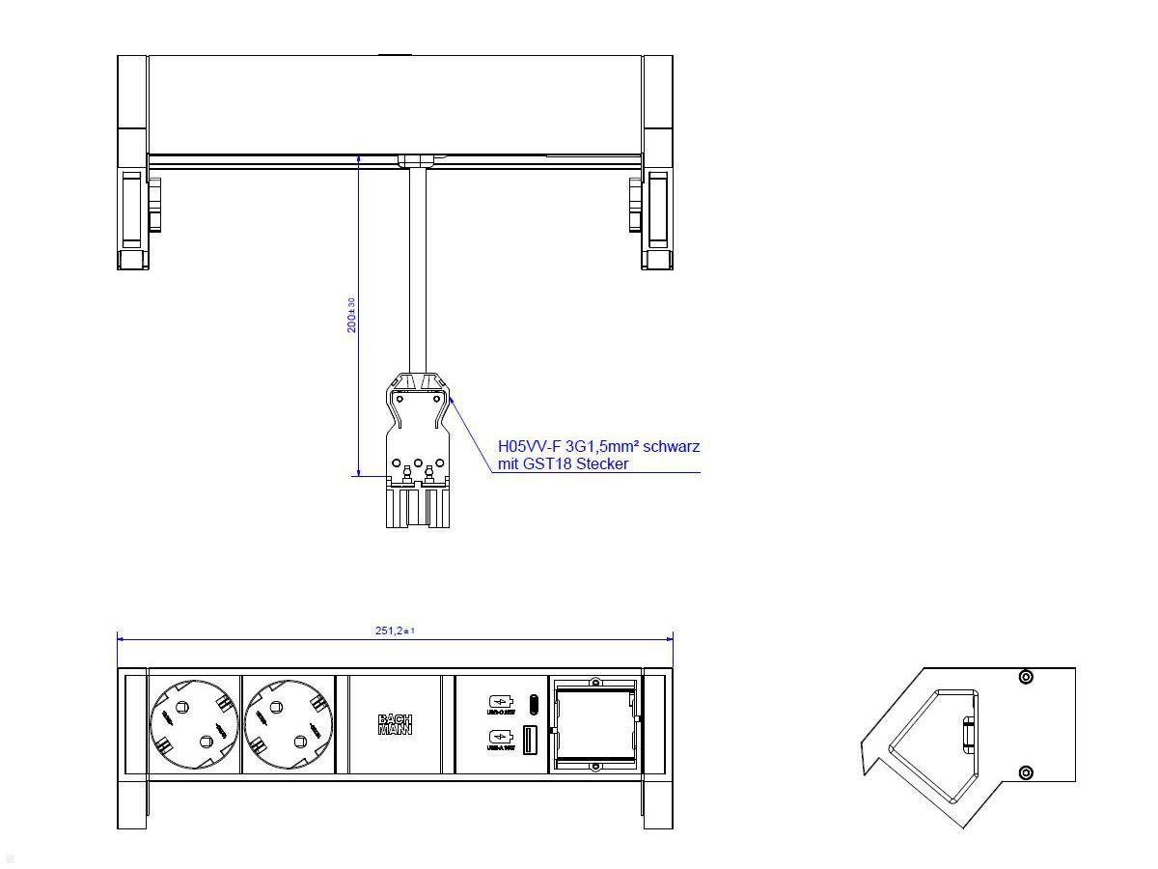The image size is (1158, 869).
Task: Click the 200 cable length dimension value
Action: (352, 316)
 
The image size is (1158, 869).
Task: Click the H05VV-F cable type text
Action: (529, 446)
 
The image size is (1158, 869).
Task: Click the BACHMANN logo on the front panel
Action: (395, 724)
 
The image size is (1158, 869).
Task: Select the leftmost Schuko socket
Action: (194, 724)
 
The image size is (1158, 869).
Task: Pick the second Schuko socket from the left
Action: (288, 724)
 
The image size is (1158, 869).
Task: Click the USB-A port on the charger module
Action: (530, 741)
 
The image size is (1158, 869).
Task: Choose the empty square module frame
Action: (593, 724)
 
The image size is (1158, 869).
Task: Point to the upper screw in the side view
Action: (1026, 678)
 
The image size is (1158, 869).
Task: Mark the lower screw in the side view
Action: (1026, 772)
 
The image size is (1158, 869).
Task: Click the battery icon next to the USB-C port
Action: (500, 701)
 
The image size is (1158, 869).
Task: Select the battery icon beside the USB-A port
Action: (500, 740)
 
